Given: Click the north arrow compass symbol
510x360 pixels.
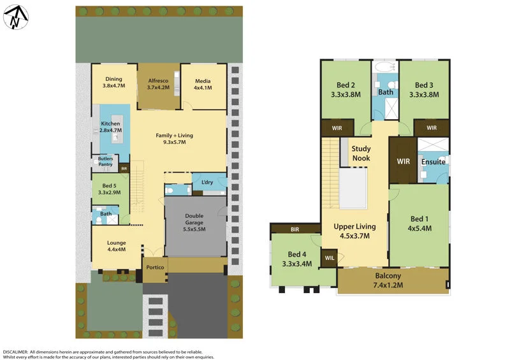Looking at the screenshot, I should point(15,17).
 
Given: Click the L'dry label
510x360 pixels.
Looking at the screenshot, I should point(207,183).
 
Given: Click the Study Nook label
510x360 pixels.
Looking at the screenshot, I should point(361,154).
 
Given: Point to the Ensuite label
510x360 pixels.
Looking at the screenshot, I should point(433,162).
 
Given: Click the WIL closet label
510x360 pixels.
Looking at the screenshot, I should point(328,257).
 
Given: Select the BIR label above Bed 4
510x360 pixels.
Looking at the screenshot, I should point(295,229).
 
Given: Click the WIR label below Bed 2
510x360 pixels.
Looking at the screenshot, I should point(336,128).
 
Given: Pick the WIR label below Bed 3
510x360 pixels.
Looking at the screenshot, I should point(432,128).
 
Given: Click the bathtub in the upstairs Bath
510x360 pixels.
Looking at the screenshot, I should point(385,66).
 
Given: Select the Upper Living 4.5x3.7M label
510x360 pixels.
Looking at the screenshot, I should point(355,231).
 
